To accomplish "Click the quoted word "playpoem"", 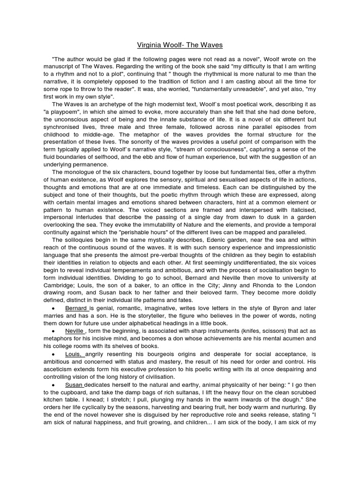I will pyautogui.click(x=65, y=112).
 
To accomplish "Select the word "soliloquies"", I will pyautogui.click(x=80, y=240).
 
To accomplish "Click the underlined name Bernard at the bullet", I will pyautogui.click(x=76, y=308).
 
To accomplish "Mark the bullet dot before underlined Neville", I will pyautogui.click(x=55, y=331).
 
